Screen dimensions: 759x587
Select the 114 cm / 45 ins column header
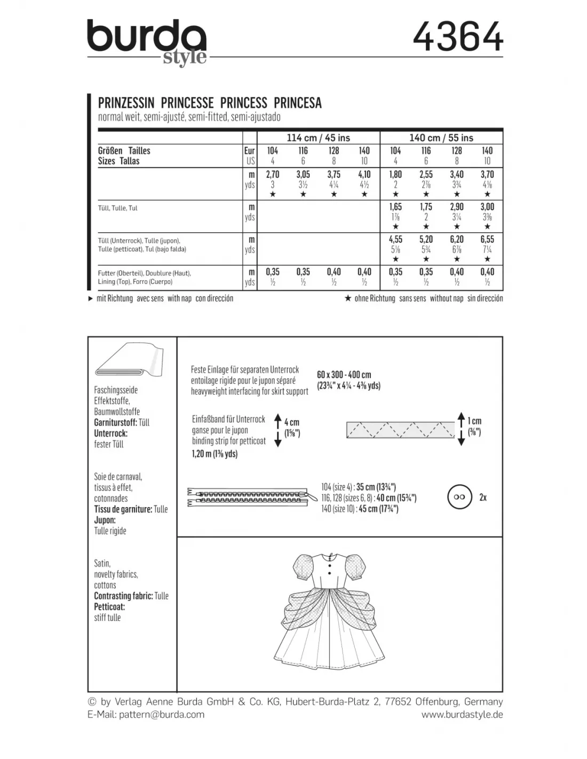point(318,138)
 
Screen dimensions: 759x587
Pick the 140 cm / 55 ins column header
point(441,138)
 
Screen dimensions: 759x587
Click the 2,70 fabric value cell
point(273,175)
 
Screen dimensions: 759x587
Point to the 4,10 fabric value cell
point(364,175)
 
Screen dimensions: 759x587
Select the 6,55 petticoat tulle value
point(487,240)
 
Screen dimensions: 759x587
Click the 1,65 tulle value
point(395,207)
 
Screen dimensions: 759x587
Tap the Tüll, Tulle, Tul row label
point(118,208)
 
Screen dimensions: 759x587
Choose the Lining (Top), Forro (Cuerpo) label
point(136,281)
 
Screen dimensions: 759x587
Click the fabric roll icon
point(128,361)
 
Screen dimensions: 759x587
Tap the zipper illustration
point(249,497)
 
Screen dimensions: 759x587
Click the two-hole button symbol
point(460,497)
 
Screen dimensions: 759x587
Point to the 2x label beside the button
point(483,497)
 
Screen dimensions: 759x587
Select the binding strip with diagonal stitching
point(401,429)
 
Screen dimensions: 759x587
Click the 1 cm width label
point(474,421)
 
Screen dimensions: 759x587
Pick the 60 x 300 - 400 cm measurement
point(344,375)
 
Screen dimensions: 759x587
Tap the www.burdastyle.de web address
point(462,714)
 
